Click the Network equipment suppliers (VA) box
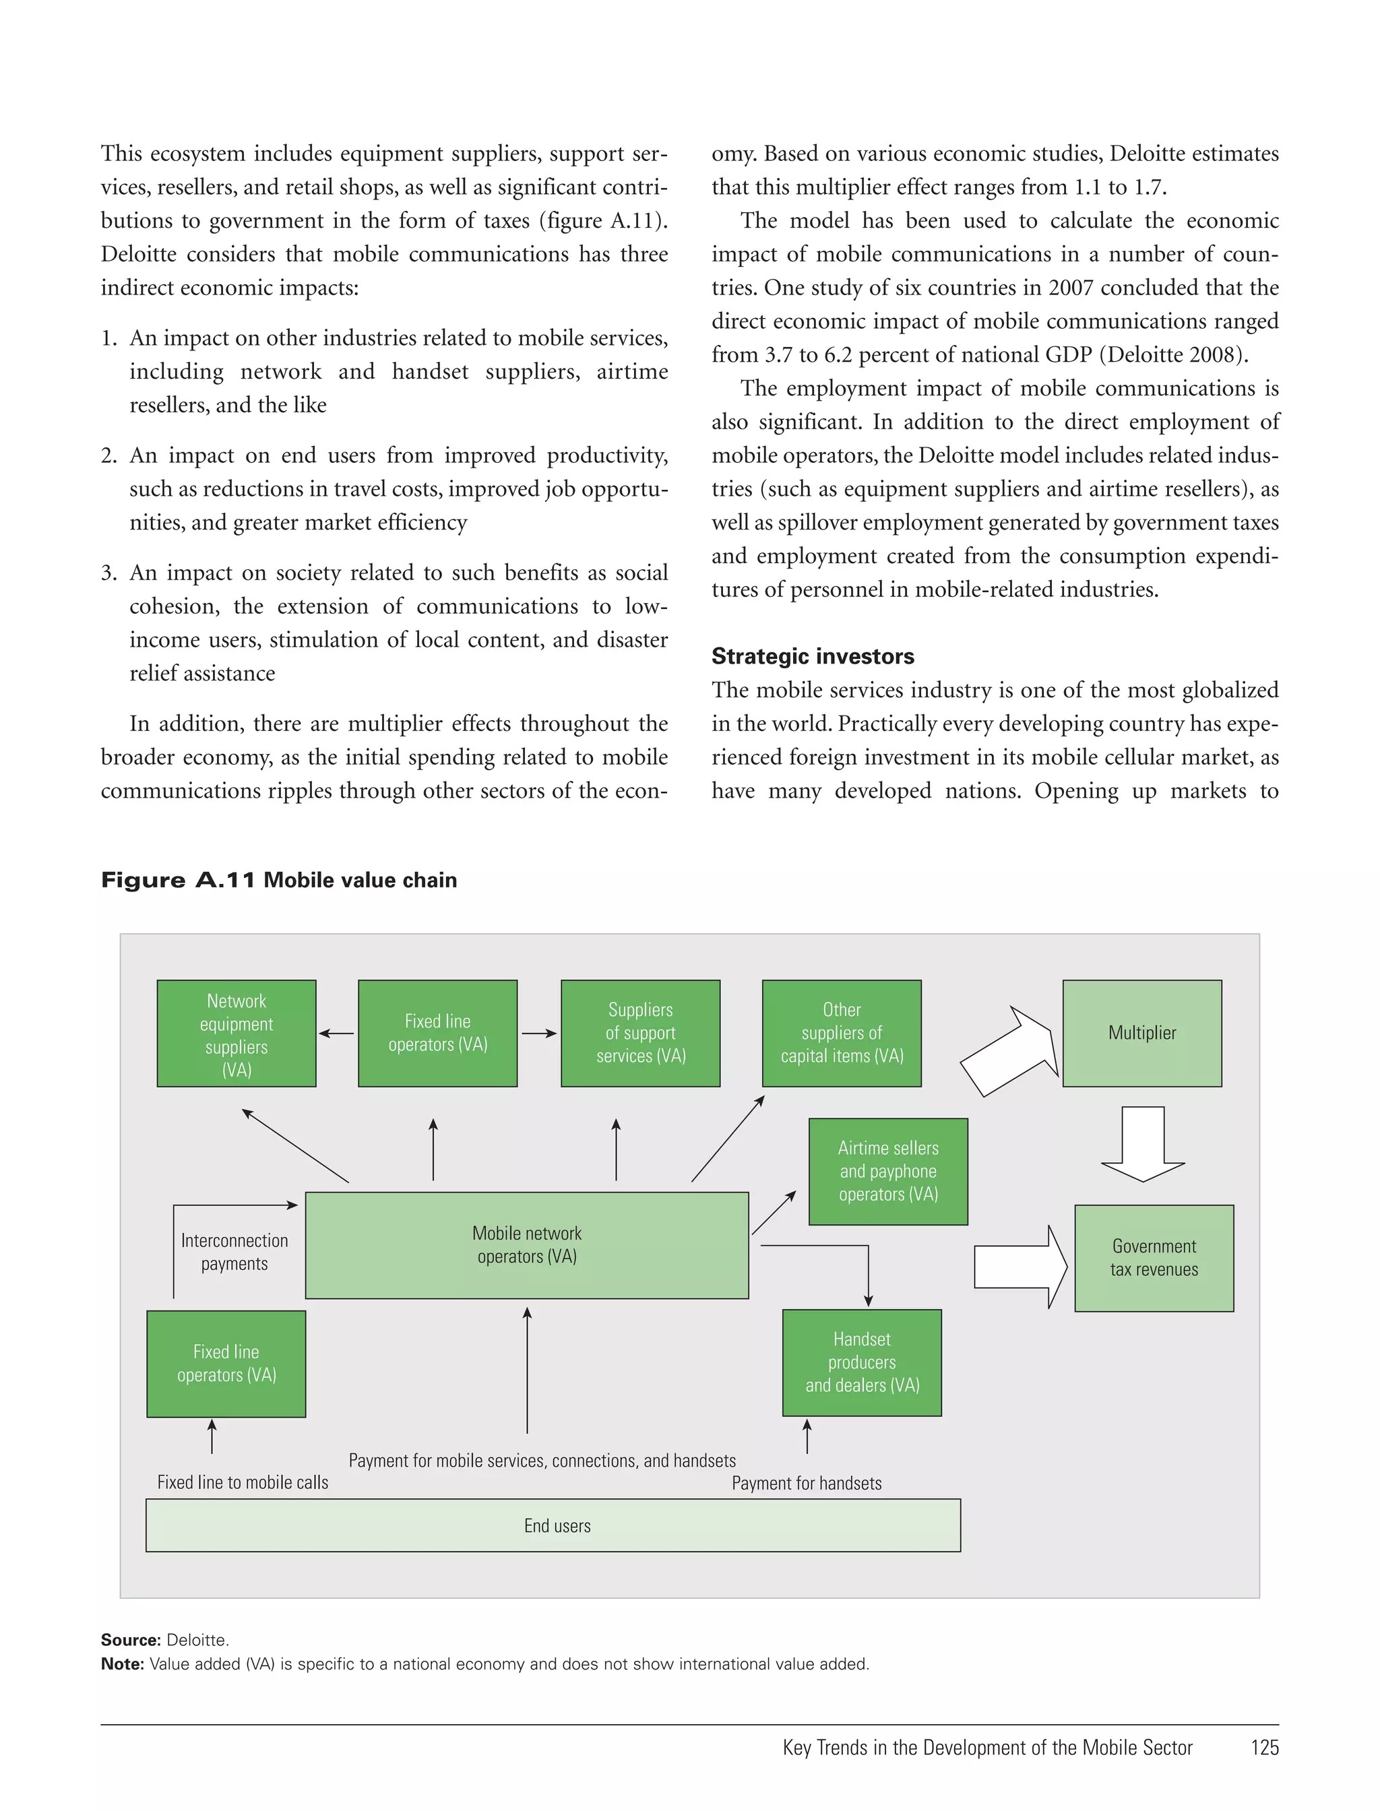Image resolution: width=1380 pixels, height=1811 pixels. [237, 1034]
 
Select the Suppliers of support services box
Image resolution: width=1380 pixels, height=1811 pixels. [640, 1034]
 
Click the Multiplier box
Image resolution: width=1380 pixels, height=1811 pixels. [1141, 1034]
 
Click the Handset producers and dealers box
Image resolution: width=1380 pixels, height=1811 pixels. [862, 1362]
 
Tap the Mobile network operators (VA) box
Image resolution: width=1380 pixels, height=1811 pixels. [526, 1245]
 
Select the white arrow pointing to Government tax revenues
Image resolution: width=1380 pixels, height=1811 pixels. [1020, 1267]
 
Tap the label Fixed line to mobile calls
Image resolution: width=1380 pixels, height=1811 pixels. [243, 1482]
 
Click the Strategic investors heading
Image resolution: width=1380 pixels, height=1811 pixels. [813, 656]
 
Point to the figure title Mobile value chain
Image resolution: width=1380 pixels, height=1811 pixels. [360, 881]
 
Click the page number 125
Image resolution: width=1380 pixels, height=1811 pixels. [1264, 1748]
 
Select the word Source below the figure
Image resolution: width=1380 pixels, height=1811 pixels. [130, 1640]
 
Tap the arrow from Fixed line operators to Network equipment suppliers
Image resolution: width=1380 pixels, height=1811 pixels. [337, 1034]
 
